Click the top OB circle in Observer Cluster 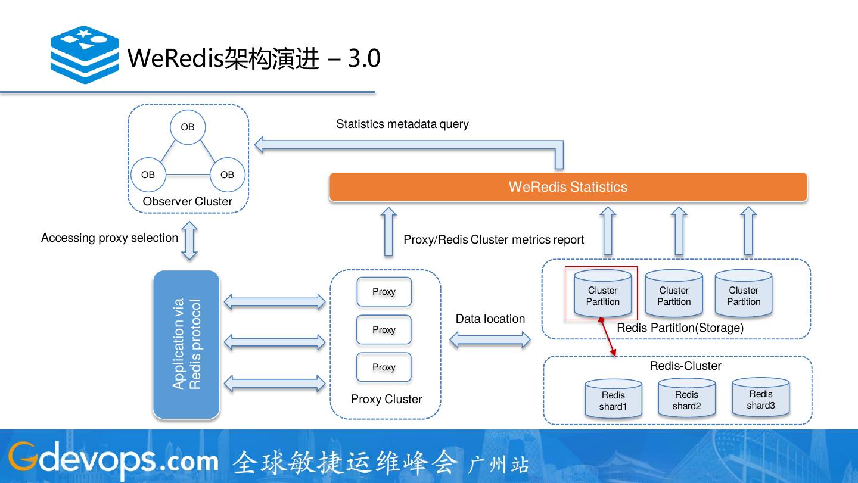[x=188, y=127]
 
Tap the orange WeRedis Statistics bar [x=568, y=187]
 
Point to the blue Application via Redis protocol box [x=186, y=344]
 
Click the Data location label [x=490, y=319]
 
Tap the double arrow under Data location [x=490, y=340]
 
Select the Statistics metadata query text [x=402, y=124]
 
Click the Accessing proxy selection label [x=110, y=238]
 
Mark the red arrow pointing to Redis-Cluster [x=608, y=338]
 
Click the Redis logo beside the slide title [x=85, y=54]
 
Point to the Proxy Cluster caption [x=386, y=399]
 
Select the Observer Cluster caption [x=187, y=201]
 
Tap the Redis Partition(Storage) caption [x=680, y=328]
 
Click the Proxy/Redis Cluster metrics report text [x=493, y=239]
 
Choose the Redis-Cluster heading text [x=685, y=366]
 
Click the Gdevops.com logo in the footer [x=113, y=460]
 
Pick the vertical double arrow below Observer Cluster [x=189, y=240]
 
